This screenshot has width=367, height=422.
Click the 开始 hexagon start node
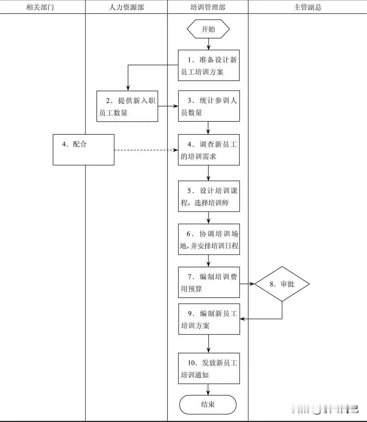(208, 29)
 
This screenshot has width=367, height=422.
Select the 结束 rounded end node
(208, 404)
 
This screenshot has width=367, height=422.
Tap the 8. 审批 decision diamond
(282, 284)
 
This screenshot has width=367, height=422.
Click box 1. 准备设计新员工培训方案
(209, 65)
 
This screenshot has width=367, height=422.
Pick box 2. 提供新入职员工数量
(127, 106)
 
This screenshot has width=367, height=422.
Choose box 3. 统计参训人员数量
(209, 106)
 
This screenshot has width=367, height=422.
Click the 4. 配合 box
(84, 150)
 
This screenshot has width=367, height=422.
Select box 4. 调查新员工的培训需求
(209, 150)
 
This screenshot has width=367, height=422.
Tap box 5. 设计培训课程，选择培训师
(209, 196)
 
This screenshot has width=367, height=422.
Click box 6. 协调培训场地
(209, 239)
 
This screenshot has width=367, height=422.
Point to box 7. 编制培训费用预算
(209, 282)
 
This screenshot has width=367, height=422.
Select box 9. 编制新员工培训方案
(209, 319)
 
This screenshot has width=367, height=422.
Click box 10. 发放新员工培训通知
(209, 369)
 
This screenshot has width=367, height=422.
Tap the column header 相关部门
(40, 7)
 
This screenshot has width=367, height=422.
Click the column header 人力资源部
(126, 7)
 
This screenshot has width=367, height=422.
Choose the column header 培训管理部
(208, 7)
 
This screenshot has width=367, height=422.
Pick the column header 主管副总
(307, 7)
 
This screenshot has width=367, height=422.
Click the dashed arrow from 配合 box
(146, 150)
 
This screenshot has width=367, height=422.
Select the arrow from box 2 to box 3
(168, 106)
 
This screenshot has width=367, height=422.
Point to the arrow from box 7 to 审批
(247, 284)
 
